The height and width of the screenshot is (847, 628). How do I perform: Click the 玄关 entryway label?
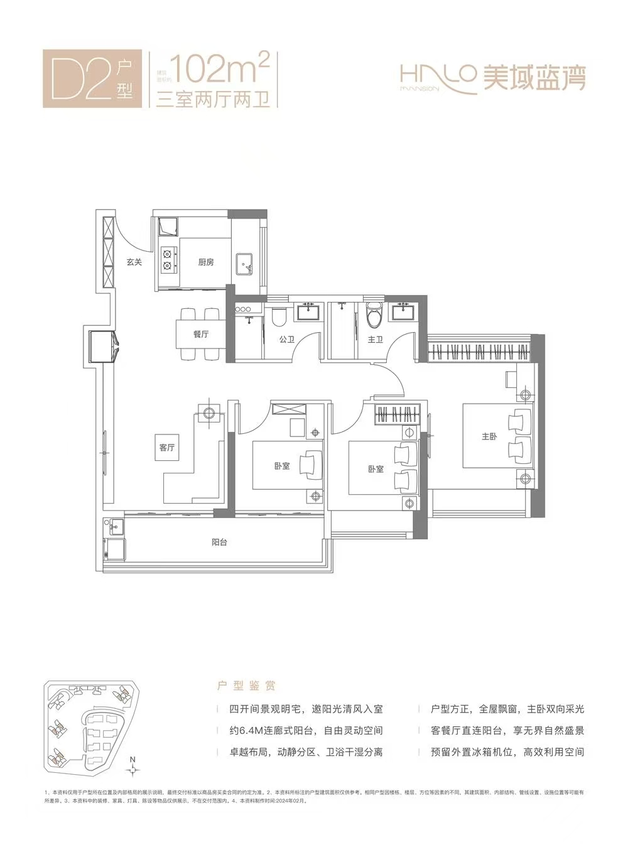coord(134,262)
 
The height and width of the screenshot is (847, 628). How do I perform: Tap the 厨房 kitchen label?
coord(205,262)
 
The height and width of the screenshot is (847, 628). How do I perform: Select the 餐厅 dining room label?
coord(200,334)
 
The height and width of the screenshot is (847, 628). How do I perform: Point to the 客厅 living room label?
coord(166,447)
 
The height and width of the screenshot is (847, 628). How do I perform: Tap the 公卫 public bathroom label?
coord(286,340)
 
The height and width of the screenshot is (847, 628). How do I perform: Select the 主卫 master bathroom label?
coord(376,340)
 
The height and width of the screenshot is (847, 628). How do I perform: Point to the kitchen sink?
coord(244,264)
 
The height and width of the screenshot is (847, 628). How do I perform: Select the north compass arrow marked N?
coord(133,769)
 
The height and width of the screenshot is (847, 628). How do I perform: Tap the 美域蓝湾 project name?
coord(534,78)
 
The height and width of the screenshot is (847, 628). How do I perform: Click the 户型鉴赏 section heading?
coord(246,686)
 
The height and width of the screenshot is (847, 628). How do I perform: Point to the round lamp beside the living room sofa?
coord(210,413)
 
